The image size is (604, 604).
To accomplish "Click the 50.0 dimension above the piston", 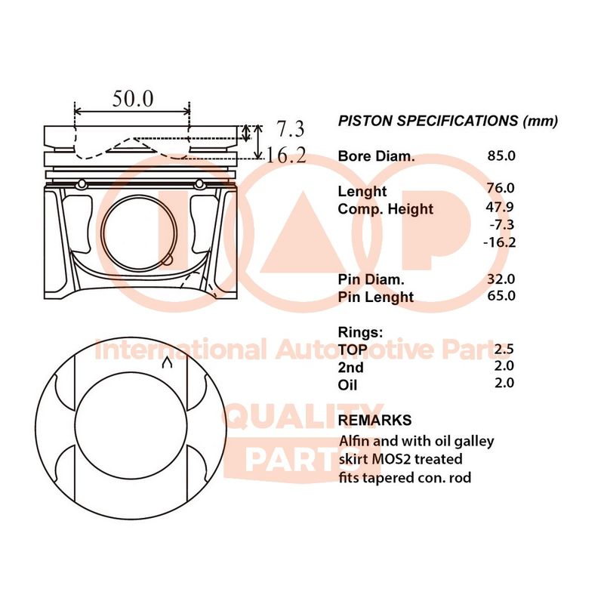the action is [133, 99].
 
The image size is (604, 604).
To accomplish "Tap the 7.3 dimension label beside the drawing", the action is [291, 128].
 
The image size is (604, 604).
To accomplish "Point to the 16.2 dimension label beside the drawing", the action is [286, 156].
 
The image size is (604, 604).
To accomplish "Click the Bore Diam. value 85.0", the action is [501, 156].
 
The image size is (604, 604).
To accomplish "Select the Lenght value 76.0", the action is [501, 188].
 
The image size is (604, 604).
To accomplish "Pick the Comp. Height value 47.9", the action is [500, 207].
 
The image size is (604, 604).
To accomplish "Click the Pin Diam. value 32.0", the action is [501, 279].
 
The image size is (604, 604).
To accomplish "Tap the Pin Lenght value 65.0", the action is [501, 295].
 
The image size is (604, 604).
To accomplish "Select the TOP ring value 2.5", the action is [504, 349].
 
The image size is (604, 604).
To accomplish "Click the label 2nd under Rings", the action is [350, 368].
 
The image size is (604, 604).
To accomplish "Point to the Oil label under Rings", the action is [347, 385].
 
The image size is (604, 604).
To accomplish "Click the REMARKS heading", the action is [374, 420].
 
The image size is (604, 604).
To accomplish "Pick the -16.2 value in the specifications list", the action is [499, 242].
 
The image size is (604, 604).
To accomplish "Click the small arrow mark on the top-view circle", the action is [167, 362].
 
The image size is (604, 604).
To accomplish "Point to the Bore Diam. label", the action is [376, 156].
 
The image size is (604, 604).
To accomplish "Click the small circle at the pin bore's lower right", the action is [168, 260].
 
